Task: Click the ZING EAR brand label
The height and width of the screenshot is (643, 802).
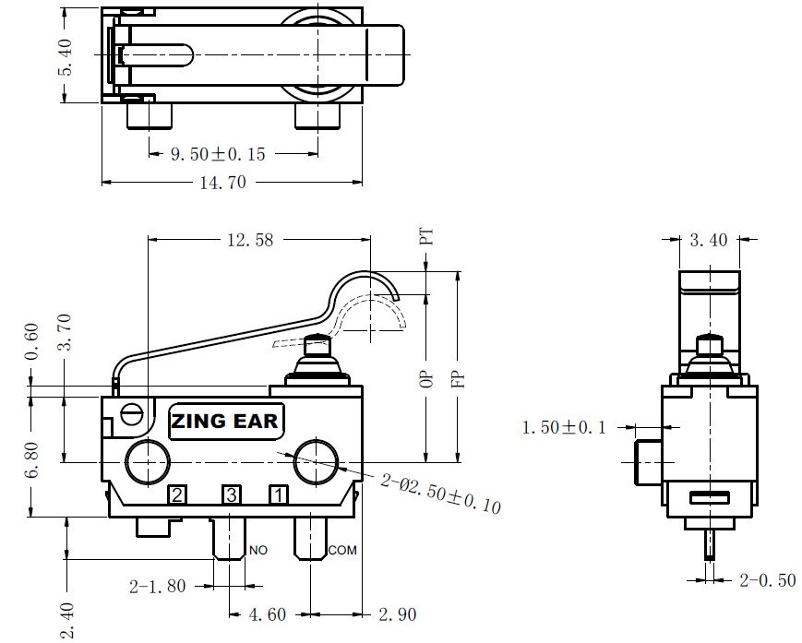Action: pyautogui.click(x=226, y=422)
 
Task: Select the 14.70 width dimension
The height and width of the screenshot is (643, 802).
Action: pyautogui.click(x=223, y=183)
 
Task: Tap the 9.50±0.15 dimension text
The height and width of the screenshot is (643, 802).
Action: pyautogui.click(x=218, y=154)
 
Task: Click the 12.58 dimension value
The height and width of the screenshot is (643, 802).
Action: pyautogui.click(x=250, y=240)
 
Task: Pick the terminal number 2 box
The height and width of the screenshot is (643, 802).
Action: pyautogui.click(x=177, y=494)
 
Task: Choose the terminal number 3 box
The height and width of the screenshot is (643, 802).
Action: pyautogui.click(x=232, y=494)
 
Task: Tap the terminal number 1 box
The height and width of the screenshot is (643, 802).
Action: pyautogui.click(x=279, y=494)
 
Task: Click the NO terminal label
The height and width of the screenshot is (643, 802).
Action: pyautogui.click(x=258, y=550)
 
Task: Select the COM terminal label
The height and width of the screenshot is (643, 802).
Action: pyautogui.click(x=342, y=550)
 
